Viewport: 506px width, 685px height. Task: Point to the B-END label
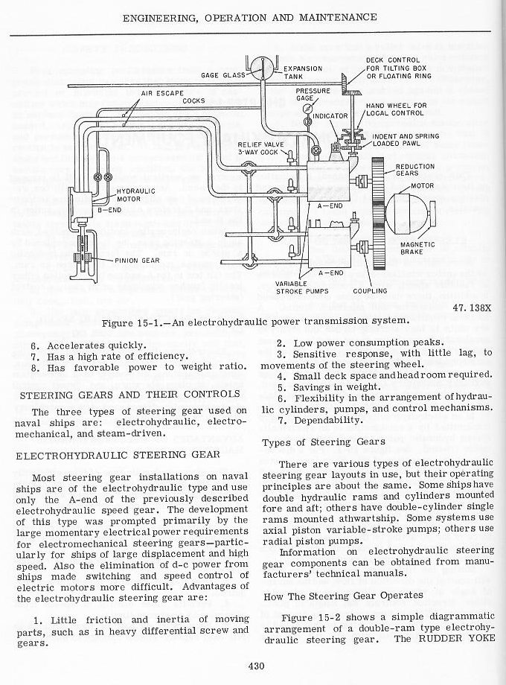pos(109,211)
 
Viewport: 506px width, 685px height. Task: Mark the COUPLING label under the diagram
pos(370,291)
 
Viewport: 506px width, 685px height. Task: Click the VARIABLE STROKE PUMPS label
pos(298,287)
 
